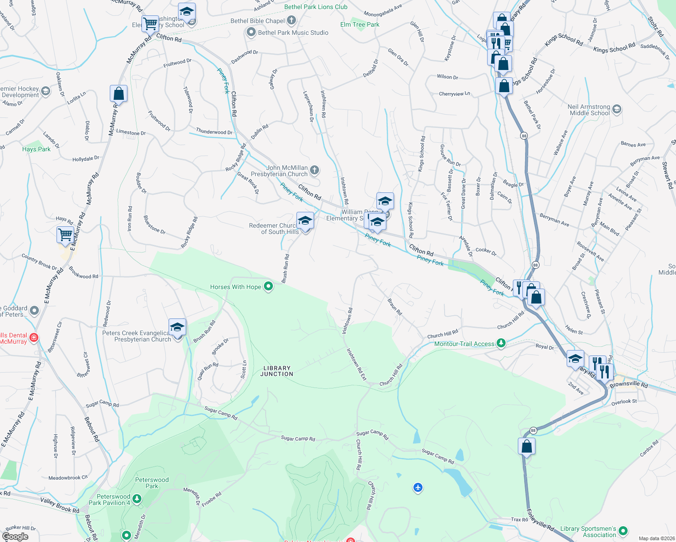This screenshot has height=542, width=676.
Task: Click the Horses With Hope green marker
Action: tap(268, 286)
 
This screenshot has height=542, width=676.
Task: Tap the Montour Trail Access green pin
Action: tap(501, 343)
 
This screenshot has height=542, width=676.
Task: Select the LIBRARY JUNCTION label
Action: tap(277, 371)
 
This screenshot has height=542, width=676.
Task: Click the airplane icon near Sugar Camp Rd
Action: tap(418, 487)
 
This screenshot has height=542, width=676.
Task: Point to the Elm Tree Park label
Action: tap(360, 24)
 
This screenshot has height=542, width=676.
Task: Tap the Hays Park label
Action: tap(36, 149)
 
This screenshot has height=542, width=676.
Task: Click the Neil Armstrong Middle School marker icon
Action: tap(617, 109)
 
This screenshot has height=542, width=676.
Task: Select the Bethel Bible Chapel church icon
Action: tap(291, 20)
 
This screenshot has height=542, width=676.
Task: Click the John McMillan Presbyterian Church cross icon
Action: tap(315, 170)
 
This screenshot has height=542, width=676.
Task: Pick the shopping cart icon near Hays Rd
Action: tap(66, 235)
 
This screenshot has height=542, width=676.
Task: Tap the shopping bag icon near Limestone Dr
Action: tap(118, 94)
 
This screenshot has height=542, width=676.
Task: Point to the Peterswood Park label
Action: tap(152, 483)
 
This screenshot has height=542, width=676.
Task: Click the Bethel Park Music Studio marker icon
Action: tap(251, 33)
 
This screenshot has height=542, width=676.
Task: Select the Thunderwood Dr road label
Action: tap(214, 132)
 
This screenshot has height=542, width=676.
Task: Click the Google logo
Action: tap(15, 537)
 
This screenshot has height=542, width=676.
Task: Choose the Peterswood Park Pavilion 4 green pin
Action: tap(137, 499)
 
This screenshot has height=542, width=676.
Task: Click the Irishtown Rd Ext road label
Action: tap(357, 364)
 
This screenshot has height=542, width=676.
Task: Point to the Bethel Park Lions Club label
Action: tap(316, 7)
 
